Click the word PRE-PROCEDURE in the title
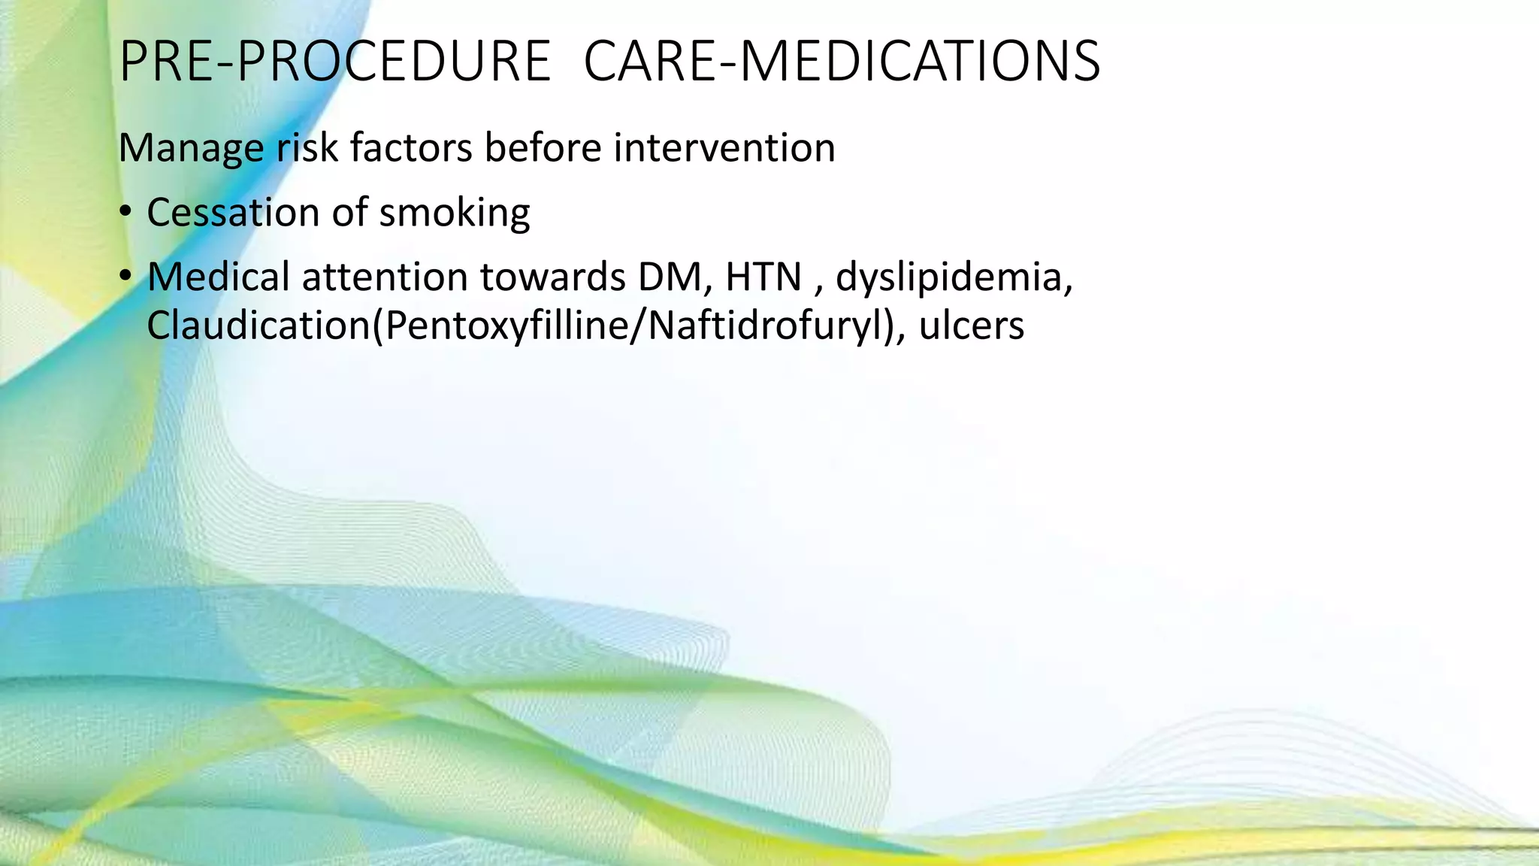point(334,62)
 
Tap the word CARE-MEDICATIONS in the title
point(842,62)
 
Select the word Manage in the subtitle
point(191,148)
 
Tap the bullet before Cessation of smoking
point(125,211)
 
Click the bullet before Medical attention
point(125,276)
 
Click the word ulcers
point(971,326)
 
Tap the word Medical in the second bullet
point(218,277)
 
